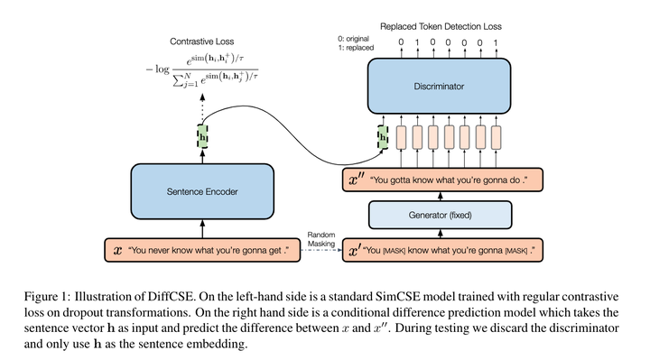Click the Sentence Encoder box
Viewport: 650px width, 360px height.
pos(203,192)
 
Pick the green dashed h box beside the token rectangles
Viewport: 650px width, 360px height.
pos(382,137)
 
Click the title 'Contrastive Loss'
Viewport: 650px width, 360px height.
pos(202,42)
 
